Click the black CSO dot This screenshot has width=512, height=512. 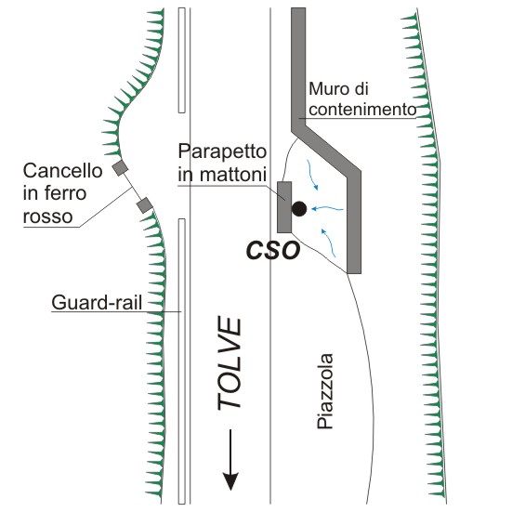click(299, 209)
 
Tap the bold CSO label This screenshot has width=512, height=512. click(273, 251)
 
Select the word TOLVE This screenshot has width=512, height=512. click(230, 363)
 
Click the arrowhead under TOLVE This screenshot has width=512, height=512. click(230, 481)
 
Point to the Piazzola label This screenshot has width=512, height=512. click(325, 391)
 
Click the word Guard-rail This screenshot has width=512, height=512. click(97, 303)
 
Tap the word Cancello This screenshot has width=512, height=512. click(62, 171)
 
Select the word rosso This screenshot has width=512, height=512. click(47, 217)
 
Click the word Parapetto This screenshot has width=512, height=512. click(222, 152)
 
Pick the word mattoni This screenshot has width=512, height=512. click(233, 175)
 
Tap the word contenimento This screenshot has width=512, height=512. click(362, 110)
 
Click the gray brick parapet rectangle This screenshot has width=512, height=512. click(284, 207)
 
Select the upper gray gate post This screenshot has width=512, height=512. click(120, 168)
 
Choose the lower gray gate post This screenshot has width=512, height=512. click(145, 205)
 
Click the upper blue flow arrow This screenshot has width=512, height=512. click(311, 175)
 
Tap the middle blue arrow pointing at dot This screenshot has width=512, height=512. click(327, 208)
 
